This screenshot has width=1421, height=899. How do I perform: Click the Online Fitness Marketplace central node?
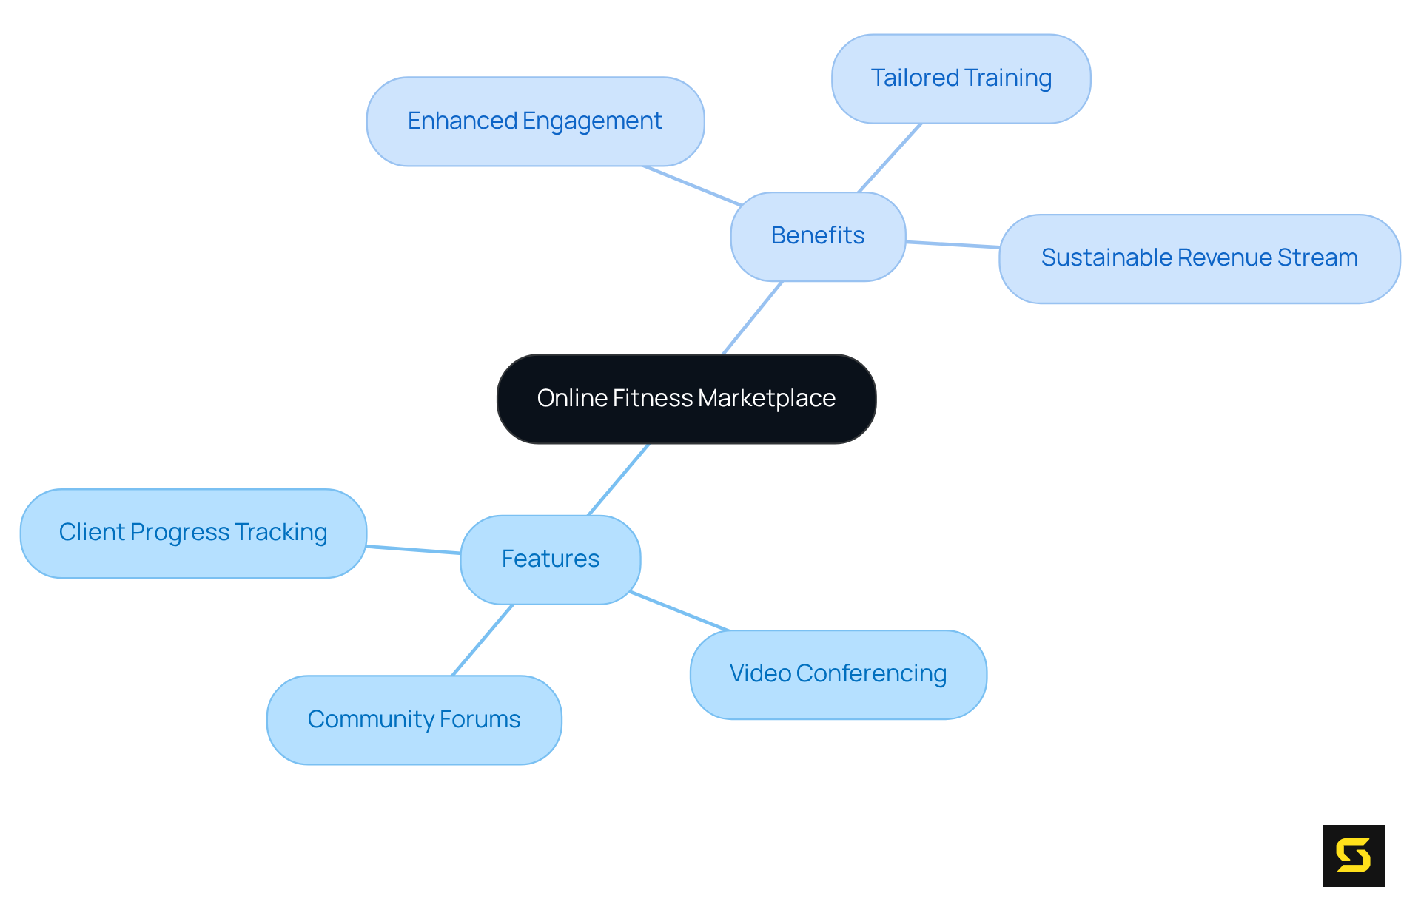pyautogui.click(x=686, y=399)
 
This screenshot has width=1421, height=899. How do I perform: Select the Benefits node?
pyautogui.click(x=818, y=236)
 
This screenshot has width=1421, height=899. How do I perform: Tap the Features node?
pyautogui.click(x=550, y=559)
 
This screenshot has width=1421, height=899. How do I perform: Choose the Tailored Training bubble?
pyautogui.click(x=961, y=78)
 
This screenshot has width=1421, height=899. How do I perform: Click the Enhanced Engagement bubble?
pyautogui.click(x=534, y=121)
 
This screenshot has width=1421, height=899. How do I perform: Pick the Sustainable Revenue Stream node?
pyautogui.click(x=1199, y=258)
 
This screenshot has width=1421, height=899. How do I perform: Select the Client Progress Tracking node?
pyautogui.click(x=193, y=533)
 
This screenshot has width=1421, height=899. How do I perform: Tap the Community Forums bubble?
pyautogui.click(x=414, y=719)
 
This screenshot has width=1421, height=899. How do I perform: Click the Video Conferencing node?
pyautogui.click(x=838, y=674)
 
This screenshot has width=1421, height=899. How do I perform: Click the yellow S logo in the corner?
pyautogui.click(x=1354, y=855)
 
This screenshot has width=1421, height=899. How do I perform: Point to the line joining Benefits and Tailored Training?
pyautogui.click(x=890, y=158)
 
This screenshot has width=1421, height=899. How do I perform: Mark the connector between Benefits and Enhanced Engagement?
pyautogui.click(x=692, y=186)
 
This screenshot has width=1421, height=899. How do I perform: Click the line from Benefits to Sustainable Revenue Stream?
pyautogui.click(x=953, y=244)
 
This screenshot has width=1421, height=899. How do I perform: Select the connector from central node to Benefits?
pyautogui.click(x=752, y=318)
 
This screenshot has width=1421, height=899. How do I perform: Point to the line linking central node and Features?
pyautogui.click(x=619, y=479)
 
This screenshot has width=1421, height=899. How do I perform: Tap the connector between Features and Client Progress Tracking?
pyautogui.click(x=413, y=550)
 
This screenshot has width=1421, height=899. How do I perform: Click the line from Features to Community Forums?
pyautogui.click(x=483, y=640)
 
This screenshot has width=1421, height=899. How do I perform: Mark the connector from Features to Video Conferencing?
pyautogui.click(x=679, y=611)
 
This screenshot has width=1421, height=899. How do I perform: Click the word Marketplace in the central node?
pyautogui.click(x=766, y=399)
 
